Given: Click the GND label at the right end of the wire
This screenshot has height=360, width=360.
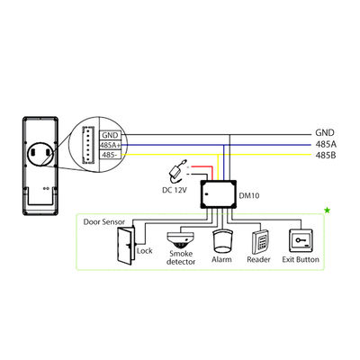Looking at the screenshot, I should pos(324,132).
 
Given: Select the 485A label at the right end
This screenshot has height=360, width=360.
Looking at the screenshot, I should pos(325,143).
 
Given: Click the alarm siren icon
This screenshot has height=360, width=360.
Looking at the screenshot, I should pos(221,240).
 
